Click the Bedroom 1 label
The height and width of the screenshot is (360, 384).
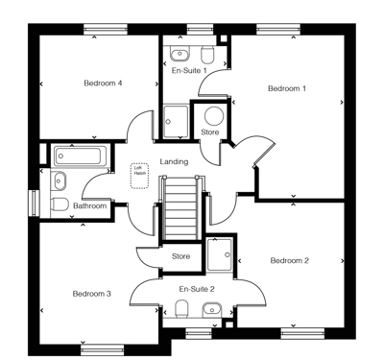click(286, 89)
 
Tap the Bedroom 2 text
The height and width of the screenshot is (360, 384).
click(289, 261)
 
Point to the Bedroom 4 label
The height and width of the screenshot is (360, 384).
click(103, 84)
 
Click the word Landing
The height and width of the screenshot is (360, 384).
click(174, 162)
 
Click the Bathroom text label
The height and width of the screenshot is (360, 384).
click(90, 205)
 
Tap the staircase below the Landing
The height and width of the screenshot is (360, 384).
click(180, 208)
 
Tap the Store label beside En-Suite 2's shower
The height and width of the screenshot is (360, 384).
click(180, 256)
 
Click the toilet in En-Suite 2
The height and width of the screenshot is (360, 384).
click(180, 309)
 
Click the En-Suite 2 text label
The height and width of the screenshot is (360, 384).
click(197, 288)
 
